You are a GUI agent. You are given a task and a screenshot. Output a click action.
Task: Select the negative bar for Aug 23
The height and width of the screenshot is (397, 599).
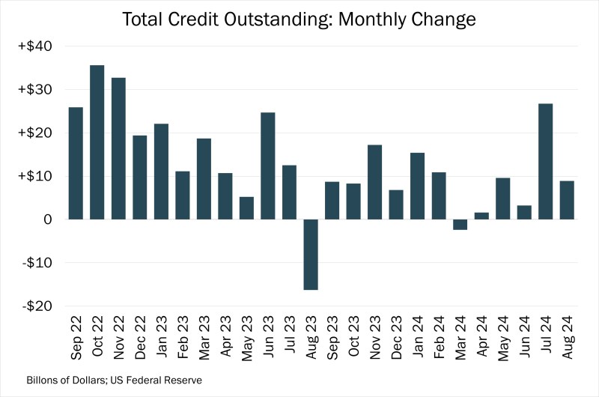tap(311, 254)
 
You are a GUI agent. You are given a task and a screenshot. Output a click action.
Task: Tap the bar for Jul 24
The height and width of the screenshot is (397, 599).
tap(546, 161)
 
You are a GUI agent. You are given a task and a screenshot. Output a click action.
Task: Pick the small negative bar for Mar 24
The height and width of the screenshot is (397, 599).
tap(460, 225)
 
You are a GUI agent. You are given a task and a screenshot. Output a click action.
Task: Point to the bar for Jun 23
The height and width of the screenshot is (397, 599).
tap(268, 166)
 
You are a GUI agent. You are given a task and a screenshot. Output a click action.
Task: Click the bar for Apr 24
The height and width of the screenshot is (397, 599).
tap(481, 216)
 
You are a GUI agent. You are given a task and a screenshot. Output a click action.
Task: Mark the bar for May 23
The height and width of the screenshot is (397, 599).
tap(246, 208)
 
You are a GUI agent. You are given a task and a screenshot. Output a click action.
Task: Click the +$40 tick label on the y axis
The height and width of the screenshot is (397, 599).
tap(34, 46)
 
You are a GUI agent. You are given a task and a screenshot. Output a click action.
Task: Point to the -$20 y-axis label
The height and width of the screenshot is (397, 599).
tap(36, 306)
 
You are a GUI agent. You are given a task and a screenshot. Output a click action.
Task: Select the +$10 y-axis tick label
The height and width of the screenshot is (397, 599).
tap(34, 177)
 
